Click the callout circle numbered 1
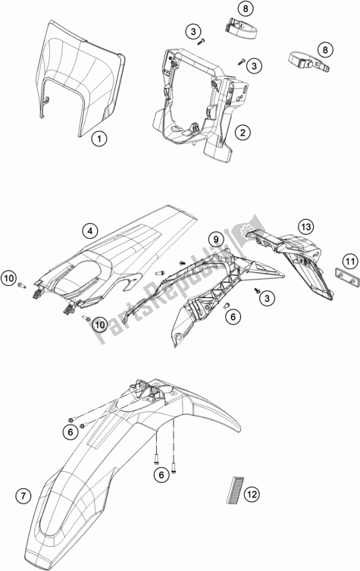click(99, 139)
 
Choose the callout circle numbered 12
click(251, 494)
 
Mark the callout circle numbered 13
click(305, 227)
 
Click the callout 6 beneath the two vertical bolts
click(160, 475)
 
